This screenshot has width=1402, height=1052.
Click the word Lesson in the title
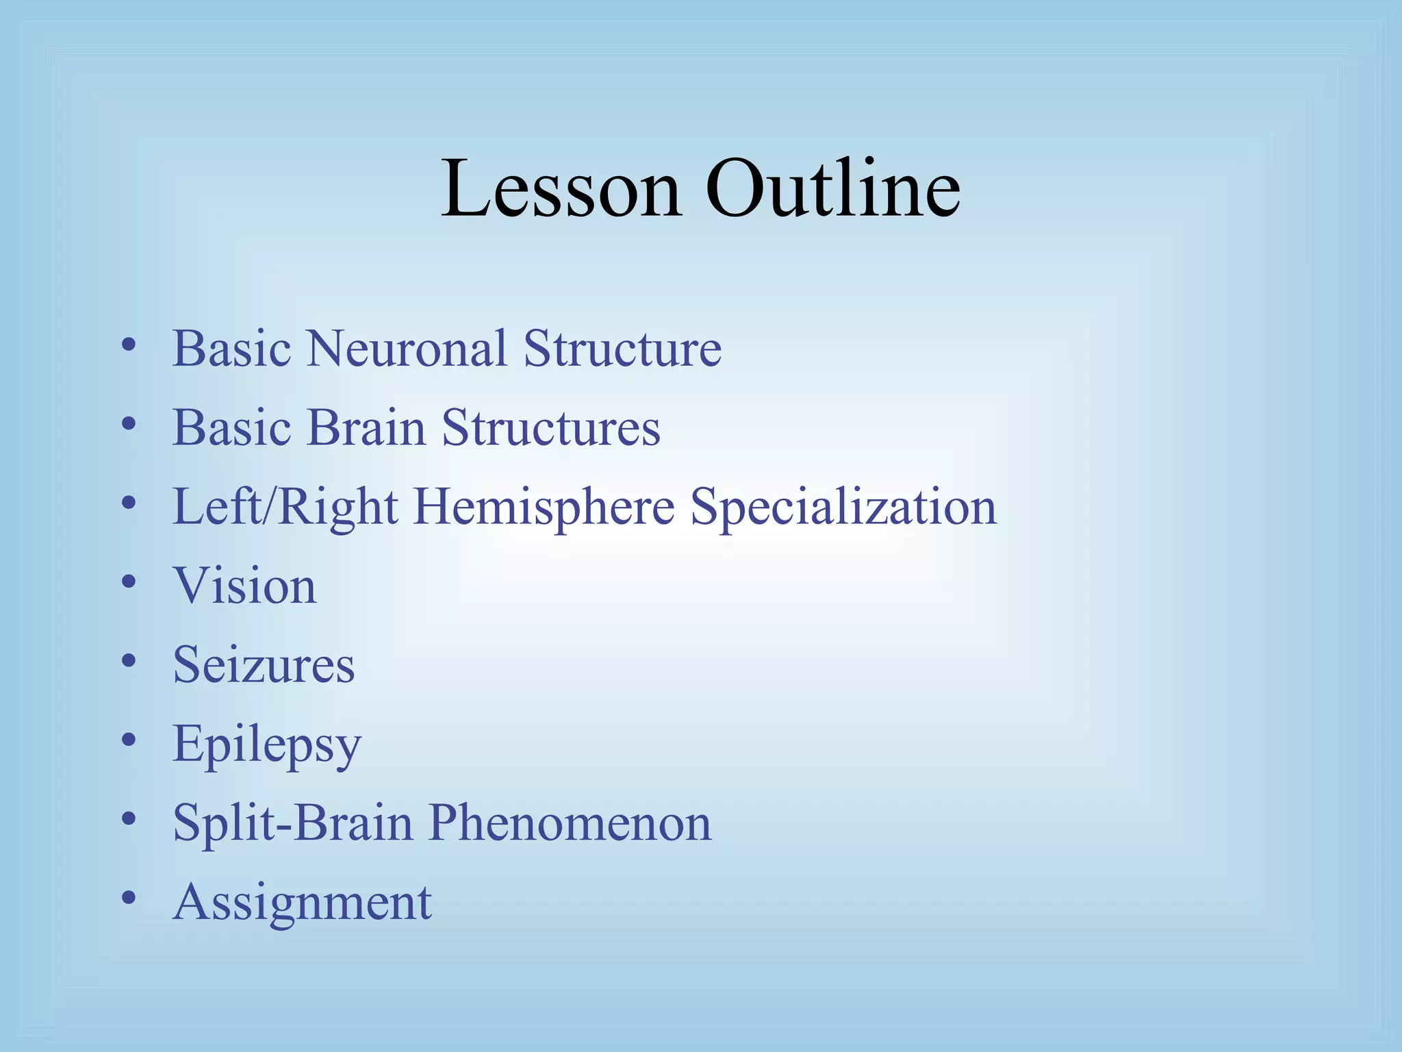[560, 188]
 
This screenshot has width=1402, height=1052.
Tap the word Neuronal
[407, 349]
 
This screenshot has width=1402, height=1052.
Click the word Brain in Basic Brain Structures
[366, 428]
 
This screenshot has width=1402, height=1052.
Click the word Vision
[244, 587]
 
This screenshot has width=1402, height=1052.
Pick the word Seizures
[264, 665]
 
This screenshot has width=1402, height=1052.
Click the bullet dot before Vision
[128, 582]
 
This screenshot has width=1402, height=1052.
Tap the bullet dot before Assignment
[128, 897]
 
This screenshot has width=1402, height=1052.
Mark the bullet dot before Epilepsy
[128, 740]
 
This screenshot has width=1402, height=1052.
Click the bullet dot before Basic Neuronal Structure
[128, 345]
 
